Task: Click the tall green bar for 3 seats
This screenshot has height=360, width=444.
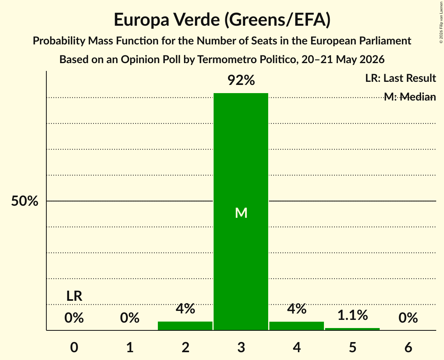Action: coord(241,212)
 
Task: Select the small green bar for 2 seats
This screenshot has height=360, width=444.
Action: coord(185,326)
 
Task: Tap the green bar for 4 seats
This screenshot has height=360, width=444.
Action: coord(297,326)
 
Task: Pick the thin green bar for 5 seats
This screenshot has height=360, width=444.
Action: coord(352,329)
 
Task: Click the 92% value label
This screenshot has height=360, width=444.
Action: coord(241,80)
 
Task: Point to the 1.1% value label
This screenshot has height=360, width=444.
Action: coord(353,315)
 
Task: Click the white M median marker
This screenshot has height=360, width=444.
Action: coord(241,213)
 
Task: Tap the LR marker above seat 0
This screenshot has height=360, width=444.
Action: coord(74,296)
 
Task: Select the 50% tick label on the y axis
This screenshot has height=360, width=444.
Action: coord(25,201)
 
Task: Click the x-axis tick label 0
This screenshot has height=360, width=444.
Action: coord(74,347)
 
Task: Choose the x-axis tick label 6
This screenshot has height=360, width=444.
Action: coord(408,347)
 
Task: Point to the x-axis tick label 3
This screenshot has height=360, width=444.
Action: coord(241,347)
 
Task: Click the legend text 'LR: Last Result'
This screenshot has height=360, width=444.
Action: coord(400,78)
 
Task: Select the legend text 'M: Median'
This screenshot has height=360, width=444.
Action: coord(410,97)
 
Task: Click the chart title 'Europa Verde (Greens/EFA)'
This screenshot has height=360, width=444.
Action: coord(222,19)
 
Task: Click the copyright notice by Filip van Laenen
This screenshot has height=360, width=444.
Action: coord(441,22)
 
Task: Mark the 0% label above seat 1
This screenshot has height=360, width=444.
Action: coord(130,318)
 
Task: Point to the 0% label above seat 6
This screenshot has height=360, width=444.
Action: coord(408,318)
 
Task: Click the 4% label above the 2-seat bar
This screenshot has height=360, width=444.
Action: coord(185,309)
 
